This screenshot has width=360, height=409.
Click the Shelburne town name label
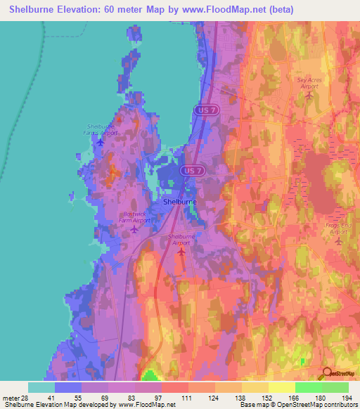click(x=179, y=202)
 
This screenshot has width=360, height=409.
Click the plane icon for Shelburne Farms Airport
click(x=100, y=143)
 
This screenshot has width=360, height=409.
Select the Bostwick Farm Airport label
click(x=134, y=216)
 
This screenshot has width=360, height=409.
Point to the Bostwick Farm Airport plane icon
click(x=134, y=229)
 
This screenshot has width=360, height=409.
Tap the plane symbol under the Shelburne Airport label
click(x=181, y=252)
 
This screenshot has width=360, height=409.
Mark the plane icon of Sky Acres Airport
click(x=310, y=96)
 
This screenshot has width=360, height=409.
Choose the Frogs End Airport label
click(x=338, y=228)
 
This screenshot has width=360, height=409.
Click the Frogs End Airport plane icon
click(x=338, y=241)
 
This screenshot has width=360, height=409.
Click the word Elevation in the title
click(x=75, y=9)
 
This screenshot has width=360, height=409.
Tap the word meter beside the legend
click(x=12, y=398)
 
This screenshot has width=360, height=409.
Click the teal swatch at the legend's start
click(x=41, y=387)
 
